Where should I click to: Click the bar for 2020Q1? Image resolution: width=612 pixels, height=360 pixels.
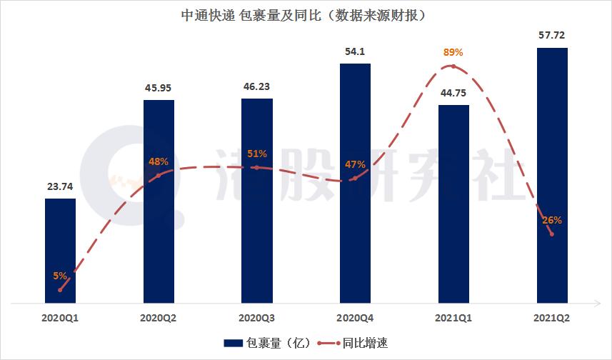tap(60, 250)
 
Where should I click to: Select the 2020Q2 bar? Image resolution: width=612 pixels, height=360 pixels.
tap(159, 201)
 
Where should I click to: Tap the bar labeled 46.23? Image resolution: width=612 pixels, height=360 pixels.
tap(256, 200)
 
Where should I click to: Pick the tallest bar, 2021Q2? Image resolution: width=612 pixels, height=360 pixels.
tap(552, 175)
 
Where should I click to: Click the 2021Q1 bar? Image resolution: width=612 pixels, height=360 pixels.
tap(453, 204)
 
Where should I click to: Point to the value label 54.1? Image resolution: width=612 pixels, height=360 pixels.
tap(355, 51)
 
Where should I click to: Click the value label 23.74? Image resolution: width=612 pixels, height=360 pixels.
tap(60, 186)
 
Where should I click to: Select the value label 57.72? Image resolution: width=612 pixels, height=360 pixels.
tap(552, 35)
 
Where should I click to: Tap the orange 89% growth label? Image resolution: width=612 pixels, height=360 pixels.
tap(453, 52)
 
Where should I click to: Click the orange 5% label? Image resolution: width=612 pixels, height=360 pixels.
tap(60, 275)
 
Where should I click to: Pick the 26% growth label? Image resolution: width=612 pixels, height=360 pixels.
tap(552, 220)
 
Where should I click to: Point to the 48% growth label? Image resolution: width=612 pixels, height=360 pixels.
tap(159, 161)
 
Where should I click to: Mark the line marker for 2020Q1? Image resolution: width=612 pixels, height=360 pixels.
tap(60, 290)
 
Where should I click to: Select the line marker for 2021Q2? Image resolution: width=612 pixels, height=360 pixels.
tap(552, 234)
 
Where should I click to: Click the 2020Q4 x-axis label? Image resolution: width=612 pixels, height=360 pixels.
tap(355, 315)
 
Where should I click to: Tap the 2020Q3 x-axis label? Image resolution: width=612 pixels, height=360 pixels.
tap(256, 315)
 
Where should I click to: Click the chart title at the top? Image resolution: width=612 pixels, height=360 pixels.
tap(306, 14)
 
